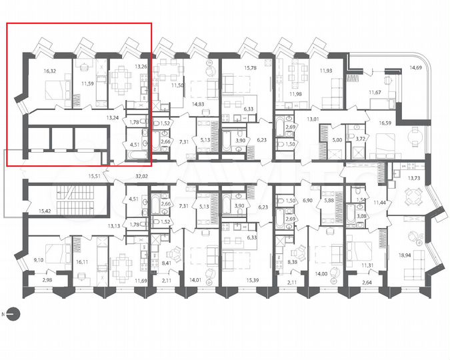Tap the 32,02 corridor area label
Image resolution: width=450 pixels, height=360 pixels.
[141, 176]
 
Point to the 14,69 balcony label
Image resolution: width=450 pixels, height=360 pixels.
[416, 67]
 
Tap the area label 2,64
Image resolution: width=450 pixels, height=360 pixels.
[366, 283]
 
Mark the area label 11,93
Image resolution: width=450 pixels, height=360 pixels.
[326, 70]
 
